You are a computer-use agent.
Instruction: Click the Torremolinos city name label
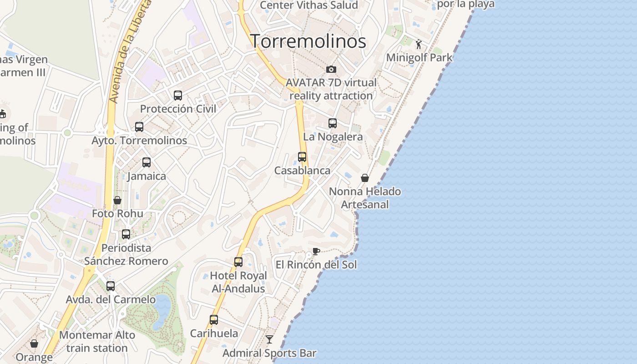pyautogui.click(x=308, y=41)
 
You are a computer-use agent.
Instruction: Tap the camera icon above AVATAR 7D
pyautogui.click(x=331, y=69)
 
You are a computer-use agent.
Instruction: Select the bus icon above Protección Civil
pyautogui.click(x=178, y=96)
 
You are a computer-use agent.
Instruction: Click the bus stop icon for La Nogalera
pyautogui.click(x=333, y=123)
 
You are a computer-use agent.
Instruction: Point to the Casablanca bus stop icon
pyautogui.click(x=302, y=157)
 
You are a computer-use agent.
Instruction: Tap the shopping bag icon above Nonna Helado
pyautogui.click(x=365, y=177)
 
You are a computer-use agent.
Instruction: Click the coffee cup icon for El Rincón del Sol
pyautogui.click(x=316, y=251)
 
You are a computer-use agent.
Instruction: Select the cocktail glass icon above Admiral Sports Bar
pyautogui.click(x=269, y=339)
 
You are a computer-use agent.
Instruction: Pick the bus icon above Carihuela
pyautogui.click(x=214, y=320)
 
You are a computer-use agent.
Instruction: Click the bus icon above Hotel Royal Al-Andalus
pyautogui.click(x=238, y=262)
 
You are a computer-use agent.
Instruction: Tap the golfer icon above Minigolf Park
pyautogui.click(x=419, y=44)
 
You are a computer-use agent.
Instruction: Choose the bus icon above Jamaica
pyautogui.click(x=147, y=162)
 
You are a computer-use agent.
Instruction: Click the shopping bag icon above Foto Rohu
pyautogui.click(x=117, y=200)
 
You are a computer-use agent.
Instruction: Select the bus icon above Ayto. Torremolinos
pyautogui.click(x=139, y=127)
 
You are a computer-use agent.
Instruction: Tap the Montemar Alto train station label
pyautogui.click(x=97, y=342)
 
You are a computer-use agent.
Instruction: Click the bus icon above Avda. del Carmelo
pyautogui.click(x=111, y=286)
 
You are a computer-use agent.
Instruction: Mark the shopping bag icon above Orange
pyautogui.click(x=34, y=344)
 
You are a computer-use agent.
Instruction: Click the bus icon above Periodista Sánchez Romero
pyautogui.click(x=126, y=234)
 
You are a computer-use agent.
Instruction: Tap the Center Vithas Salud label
pyautogui.click(x=309, y=5)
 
